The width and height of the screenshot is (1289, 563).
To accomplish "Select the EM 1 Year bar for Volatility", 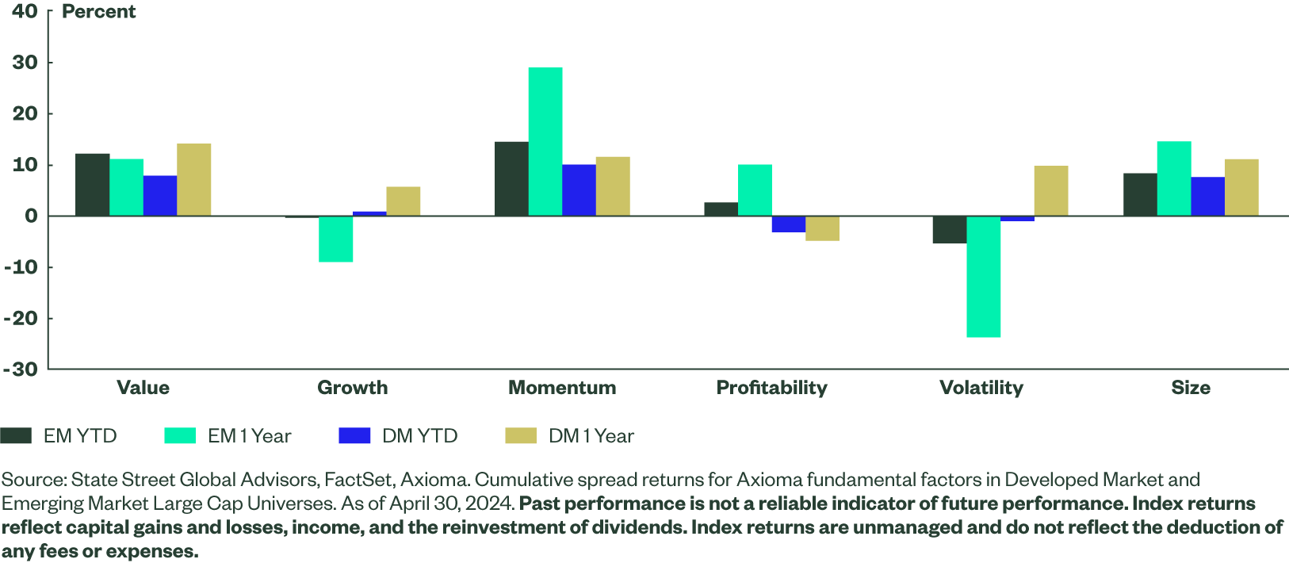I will click(984, 277).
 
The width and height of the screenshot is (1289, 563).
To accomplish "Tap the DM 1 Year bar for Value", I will click(194, 179).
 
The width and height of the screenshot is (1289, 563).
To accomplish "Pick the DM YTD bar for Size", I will click(1207, 196).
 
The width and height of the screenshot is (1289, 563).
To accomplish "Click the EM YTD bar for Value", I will click(92, 184).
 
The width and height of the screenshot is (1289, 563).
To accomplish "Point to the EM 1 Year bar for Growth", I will click(336, 239).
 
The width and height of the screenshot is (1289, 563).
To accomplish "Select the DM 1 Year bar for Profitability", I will click(822, 228).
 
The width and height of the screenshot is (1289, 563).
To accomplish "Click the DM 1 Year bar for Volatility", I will click(1051, 190).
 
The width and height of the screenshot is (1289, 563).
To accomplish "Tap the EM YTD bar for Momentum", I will click(511, 178).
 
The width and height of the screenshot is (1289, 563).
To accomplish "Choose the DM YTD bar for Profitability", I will click(789, 224).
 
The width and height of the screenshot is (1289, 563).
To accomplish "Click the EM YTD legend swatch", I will click(16, 436).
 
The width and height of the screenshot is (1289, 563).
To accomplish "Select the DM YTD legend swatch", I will click(354, 436).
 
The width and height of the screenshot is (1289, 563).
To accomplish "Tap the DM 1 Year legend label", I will click(591, 436).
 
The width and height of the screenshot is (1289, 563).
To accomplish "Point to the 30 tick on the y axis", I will click(25, 63).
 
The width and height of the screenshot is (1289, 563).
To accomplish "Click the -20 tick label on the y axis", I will click(21, 318).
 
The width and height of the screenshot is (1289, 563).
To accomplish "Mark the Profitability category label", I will click(771, 388).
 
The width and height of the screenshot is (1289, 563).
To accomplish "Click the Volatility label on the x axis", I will click(981, 388).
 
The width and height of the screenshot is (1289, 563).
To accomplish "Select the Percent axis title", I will click(98, 12).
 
